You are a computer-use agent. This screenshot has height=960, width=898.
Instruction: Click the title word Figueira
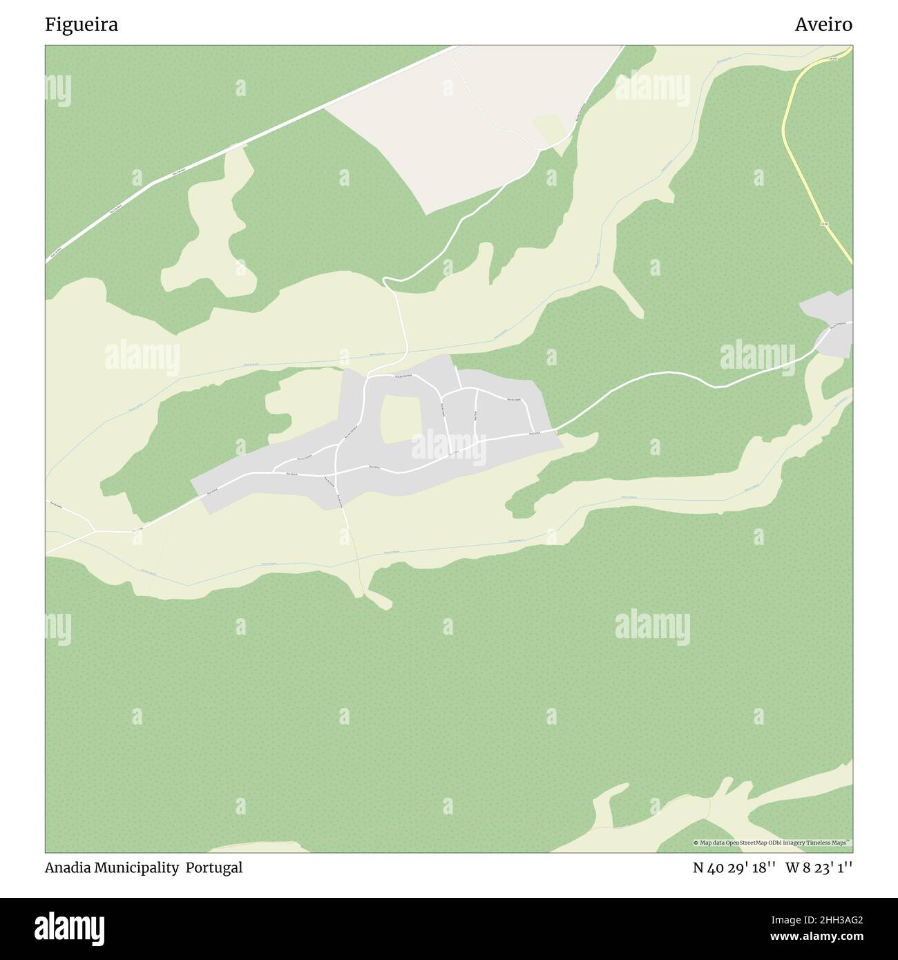pyautogui.click(x=82, y=25)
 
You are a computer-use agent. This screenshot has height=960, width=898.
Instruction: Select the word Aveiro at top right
pyautogui.click(x=823, y=25)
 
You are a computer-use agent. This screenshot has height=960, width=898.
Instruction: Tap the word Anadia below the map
pyautogui.click(x=67, y=868)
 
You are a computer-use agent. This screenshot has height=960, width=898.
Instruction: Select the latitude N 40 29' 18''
pyautogui.click(x=734, y=868)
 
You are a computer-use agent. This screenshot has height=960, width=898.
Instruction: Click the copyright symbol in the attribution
pyautogui.click(x=696, y=843)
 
